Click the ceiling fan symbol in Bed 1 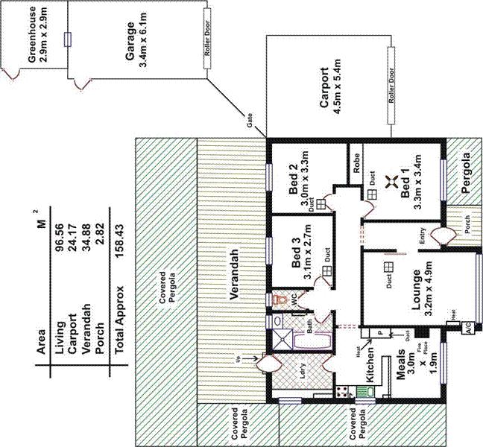click(x=389, y=181)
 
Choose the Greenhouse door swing click(x=11, y=73)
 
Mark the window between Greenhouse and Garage click(x=68, y=39)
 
